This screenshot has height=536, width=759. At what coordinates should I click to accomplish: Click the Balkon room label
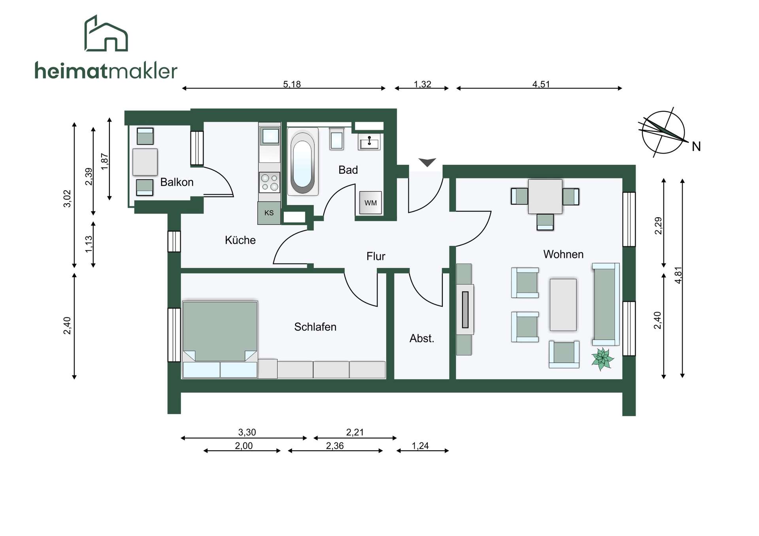click(x=177, y=182)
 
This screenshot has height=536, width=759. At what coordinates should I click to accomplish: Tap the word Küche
click(x=240, y=240)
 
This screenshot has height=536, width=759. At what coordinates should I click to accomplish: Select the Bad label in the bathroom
click(x=348, y=170)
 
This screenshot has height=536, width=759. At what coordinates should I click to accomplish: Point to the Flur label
click(x=376, y=256)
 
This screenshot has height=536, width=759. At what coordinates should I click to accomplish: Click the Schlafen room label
click(x=315, y=327)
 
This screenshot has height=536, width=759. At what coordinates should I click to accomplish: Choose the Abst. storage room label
click(x=422, y=339)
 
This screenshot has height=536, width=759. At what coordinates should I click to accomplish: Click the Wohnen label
click(x=563, y=254)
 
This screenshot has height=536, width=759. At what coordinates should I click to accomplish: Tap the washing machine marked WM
click(x=370, y=203)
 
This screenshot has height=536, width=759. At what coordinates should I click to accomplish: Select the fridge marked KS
click(x=269, y=213)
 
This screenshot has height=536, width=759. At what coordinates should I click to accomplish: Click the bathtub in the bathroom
click(x=302, y=162)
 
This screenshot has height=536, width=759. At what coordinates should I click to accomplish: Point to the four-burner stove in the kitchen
click(x=270, y=182)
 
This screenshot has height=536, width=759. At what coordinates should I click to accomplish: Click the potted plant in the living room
click(x=602, y=359)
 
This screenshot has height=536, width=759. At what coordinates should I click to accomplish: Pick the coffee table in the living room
click(x=563, y=305)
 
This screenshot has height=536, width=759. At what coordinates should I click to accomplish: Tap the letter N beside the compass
click(x=696, y=147)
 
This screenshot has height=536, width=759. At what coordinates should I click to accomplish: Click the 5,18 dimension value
click(x=292, y=84)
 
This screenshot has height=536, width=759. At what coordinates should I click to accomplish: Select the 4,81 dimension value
click(x=678, y=275)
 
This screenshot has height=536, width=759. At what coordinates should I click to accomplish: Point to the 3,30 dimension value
click(x=247, y=432)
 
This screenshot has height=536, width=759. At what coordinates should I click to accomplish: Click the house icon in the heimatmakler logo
click(x=106, y=33)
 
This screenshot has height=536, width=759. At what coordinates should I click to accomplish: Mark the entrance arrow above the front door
click(x=427, y=162)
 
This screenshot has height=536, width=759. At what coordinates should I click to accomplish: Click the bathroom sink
click(x=369, y=142)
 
